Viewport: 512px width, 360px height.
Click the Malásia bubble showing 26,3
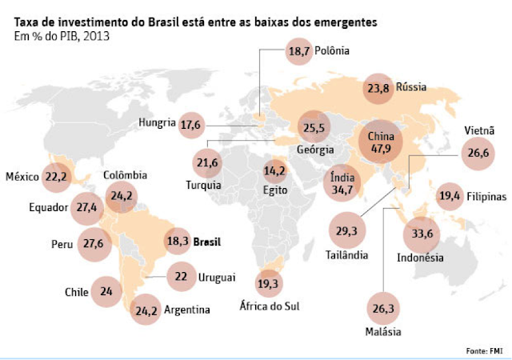coord(385,304)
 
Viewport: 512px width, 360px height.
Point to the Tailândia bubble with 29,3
coord(347,230)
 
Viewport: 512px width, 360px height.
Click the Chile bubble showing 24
coord(106,292)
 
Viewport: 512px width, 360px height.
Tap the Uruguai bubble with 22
coord(181,277)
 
